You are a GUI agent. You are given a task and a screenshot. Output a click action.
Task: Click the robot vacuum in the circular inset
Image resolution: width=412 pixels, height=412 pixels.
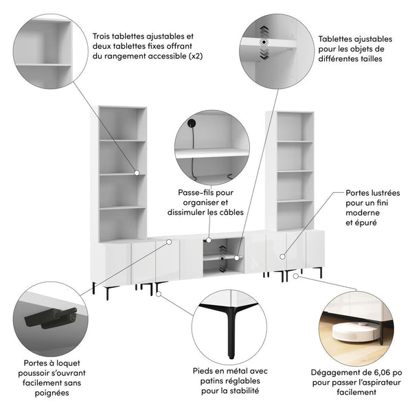(x=356, y=331)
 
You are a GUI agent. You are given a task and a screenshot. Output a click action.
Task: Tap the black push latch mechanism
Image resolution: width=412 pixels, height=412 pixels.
(x=51, y=317)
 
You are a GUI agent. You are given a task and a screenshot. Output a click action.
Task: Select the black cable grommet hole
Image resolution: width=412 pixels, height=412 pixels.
(x=192, y=123)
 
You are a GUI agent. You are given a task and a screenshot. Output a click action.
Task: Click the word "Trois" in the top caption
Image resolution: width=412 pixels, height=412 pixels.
(x=101, y=36)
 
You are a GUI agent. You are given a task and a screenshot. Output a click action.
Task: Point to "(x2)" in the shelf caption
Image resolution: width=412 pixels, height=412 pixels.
(x=196, y=56)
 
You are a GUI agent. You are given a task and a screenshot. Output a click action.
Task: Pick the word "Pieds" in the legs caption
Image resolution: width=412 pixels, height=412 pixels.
(x=202, y=371)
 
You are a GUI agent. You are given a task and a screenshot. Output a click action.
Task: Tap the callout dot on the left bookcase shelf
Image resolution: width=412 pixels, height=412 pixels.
(x=137, y=173)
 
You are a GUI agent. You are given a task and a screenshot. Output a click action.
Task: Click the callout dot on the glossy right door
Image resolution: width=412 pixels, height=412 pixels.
(x=282, y=257)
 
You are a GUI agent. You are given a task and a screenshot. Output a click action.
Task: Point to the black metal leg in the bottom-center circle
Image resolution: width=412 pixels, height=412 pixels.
(x=229, y=329)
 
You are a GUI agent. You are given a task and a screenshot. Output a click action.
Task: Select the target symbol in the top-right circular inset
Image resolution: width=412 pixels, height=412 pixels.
(x=264, y=42)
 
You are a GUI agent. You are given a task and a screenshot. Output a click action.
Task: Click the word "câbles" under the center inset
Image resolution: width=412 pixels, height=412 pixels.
(x=231, y=212)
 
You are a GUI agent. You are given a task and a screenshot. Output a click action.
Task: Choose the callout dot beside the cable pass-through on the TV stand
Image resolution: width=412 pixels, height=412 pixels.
(x=209, y=240)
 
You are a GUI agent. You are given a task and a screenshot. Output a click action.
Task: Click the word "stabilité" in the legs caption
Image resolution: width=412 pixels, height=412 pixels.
(x=245, y=391)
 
